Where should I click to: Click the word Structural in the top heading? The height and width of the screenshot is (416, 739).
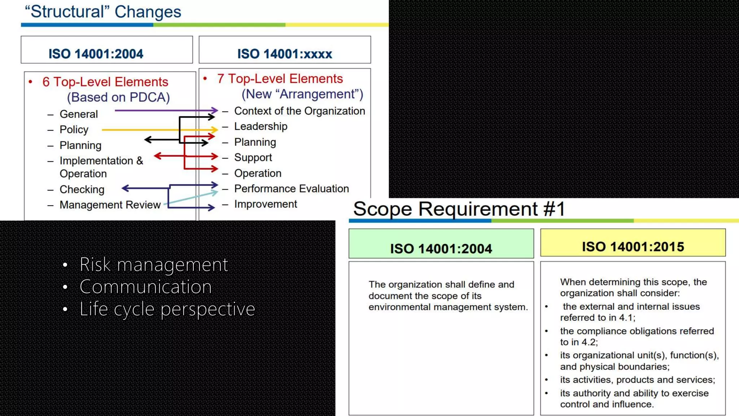click(67, 12)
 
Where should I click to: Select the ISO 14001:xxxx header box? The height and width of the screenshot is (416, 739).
click(284, 50)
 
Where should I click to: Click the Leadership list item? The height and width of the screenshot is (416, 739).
click(261, 126)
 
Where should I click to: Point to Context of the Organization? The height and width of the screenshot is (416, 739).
click(299, 111)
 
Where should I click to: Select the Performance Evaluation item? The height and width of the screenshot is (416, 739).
click(291, 188)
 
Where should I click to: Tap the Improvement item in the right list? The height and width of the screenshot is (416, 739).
click(266, 204)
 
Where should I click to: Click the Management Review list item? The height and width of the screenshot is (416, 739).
click(110, 205)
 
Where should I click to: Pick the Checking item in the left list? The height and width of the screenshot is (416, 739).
click(82, 189)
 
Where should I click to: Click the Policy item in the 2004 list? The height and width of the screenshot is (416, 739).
click(74, 129)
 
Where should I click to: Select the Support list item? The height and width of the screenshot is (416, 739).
click(253, 157)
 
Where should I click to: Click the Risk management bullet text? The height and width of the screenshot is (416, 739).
click(154, 264)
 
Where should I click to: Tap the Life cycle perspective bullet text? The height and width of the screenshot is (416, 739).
click(167, 309)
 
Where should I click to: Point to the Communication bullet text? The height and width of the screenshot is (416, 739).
click(145, 287)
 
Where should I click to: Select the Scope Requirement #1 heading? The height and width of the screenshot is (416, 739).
click(459, 209)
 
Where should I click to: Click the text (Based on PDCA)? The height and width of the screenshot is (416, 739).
click(118, 97)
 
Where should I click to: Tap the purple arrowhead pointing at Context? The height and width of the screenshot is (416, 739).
click(215, 110)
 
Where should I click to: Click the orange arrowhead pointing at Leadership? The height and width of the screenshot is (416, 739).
click(214, 129)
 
